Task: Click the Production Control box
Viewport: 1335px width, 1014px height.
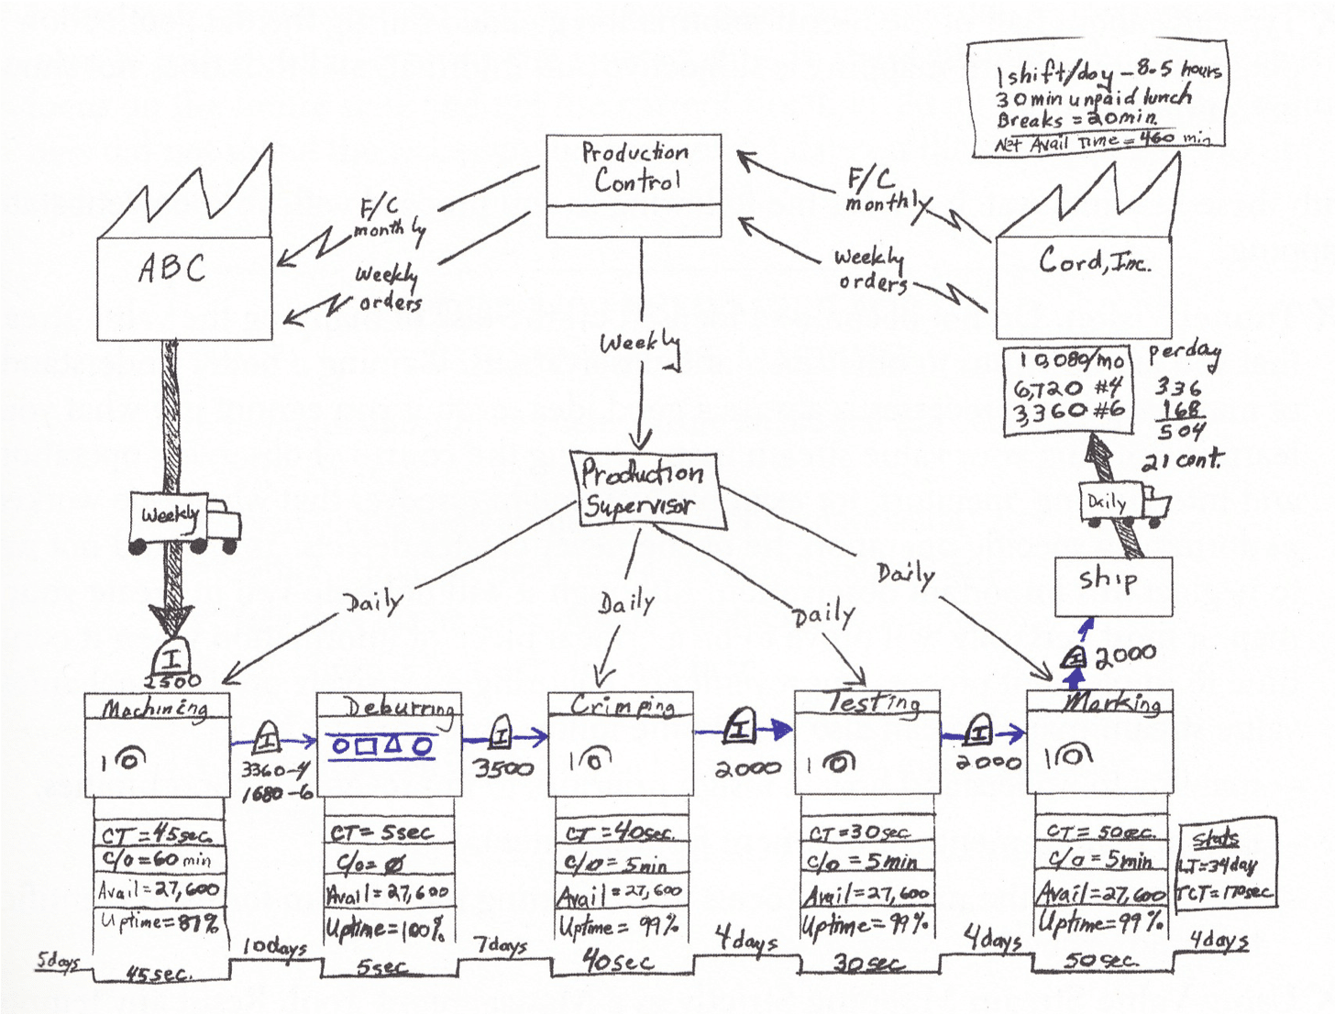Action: [634, 184]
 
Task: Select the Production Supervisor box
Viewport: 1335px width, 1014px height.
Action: [645, 490]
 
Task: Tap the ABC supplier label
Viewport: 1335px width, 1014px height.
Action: [171, 269]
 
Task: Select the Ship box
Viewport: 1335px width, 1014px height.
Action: [1112, 585]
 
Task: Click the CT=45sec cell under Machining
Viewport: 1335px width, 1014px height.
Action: [158, 834]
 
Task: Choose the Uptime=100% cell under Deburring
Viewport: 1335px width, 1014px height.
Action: [387, 927]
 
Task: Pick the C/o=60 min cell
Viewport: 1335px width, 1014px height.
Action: [159, 861]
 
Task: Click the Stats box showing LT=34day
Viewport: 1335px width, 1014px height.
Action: [1227, 863]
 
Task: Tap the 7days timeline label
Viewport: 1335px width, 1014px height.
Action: [501, 944]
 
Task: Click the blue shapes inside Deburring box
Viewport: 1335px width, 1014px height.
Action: [381, 745]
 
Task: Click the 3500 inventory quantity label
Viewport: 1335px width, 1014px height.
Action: [503, 768]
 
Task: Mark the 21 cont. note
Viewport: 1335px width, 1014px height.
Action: [1182, 461]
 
